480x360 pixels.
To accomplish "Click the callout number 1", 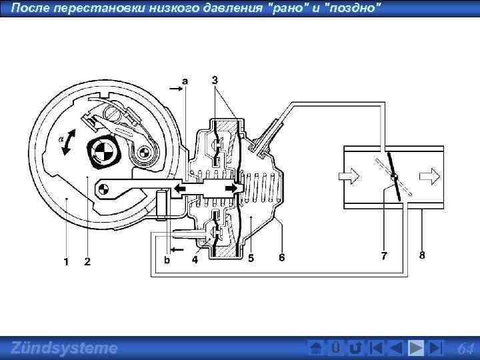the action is tap(65, 261).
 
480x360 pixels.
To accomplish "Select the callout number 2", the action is tap(87, 261).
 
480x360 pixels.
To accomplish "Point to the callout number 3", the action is tap(215, 80).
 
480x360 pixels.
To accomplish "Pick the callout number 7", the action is tap(384, 255).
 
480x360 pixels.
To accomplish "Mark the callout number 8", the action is tap(422, 255).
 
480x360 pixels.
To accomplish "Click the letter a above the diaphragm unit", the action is tap(185, 80).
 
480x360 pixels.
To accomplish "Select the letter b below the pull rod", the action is tap(167, 261).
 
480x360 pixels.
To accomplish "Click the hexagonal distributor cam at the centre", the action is tap(103, 153).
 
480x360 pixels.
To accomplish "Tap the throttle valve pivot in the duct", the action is tap(394, 177).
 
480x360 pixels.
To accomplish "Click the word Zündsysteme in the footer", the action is tap(64, 347).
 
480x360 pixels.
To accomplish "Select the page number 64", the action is tap(466, 348).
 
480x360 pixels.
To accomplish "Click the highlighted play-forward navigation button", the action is tap(415, 348).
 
